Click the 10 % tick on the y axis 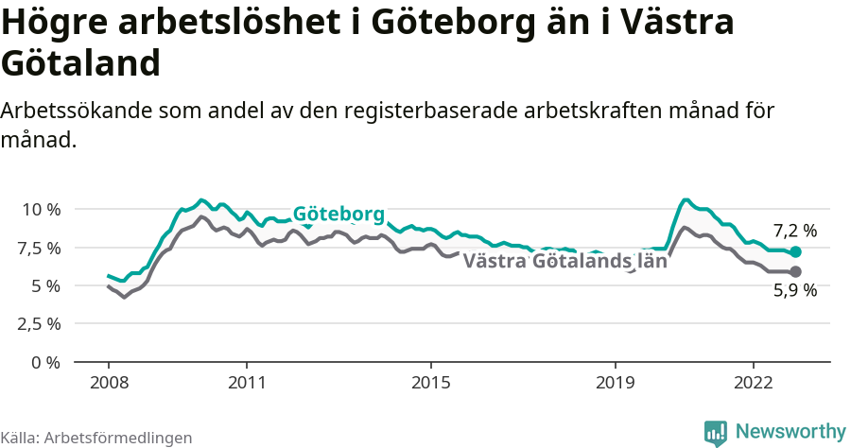(x=41, y=209)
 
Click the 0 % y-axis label (x=46, y=362)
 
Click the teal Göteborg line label (x=338, y=214)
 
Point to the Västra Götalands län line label (x=565, y=262)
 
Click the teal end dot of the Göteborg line (x=795, y=252)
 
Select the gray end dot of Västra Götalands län (x=795, y=272)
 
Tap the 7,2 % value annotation (x=794, y=231)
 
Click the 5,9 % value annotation (x=794, y=291)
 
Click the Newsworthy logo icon (x=716, y=432)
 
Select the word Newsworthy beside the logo (x=790, y=431)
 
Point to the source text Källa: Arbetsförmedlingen (x=96, y=438)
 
